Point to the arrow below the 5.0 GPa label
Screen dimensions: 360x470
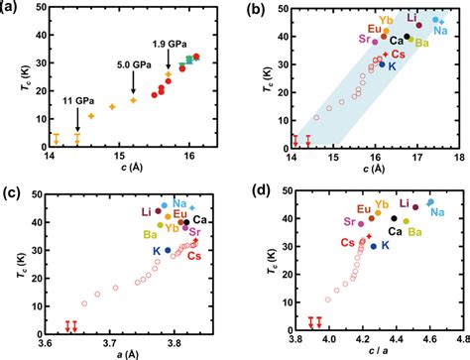(x=133, y=83)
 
